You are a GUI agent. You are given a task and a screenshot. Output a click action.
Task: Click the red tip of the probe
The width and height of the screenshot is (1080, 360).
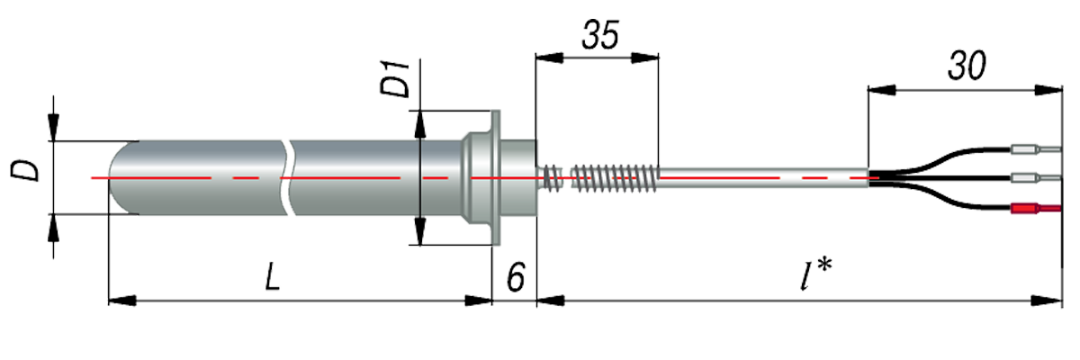[x=91, y=177]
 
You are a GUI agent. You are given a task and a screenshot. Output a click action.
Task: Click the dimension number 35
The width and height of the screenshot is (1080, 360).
[x=598, y=38]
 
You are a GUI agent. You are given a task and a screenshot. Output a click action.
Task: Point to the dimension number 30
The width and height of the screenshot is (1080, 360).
[x=965, y=68]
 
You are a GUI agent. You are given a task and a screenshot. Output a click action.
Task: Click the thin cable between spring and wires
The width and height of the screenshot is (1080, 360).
[x=765, y=177]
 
